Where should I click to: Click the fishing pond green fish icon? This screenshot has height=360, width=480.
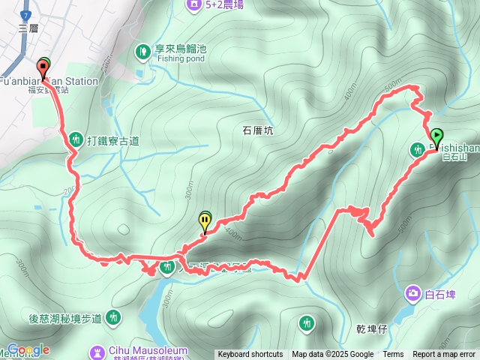point(143,51)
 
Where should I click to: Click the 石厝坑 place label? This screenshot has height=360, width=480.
point(257,130)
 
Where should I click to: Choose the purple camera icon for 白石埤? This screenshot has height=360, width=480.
point(413,292)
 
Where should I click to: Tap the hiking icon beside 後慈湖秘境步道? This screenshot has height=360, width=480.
point(114,318)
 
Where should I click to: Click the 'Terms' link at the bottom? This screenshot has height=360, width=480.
point(393,355)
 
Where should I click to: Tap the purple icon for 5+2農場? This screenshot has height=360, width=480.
point(194,4)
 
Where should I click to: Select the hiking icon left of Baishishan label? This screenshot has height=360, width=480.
point(418,150)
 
